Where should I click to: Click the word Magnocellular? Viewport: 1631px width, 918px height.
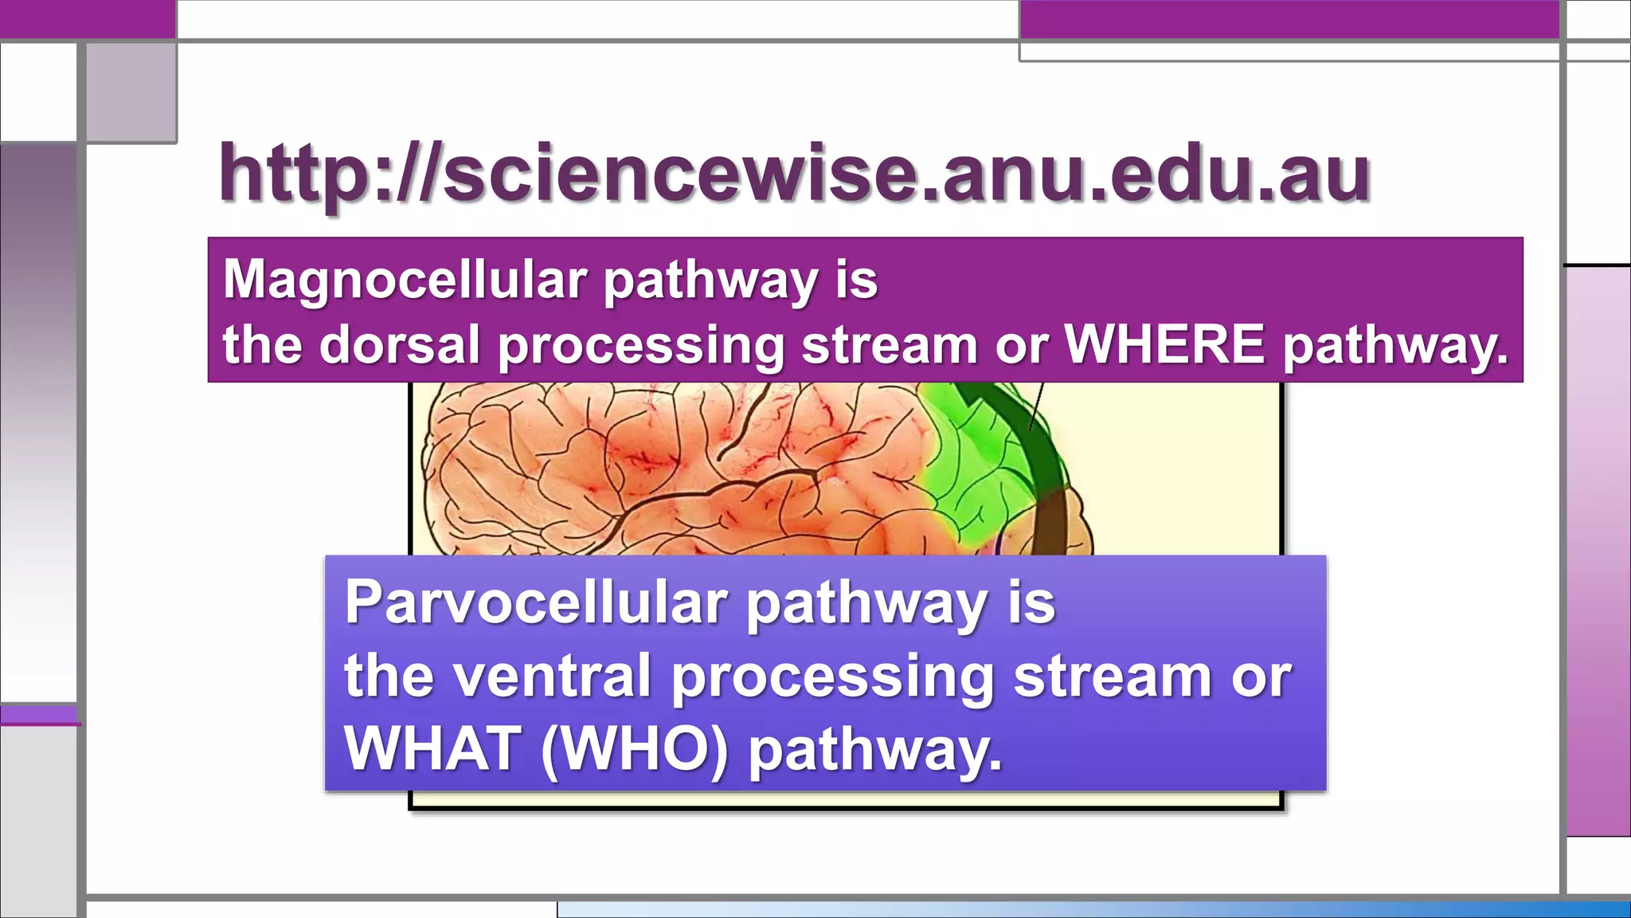[x=405, y=280]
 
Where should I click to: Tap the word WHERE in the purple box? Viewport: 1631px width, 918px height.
[x=1164, y=345]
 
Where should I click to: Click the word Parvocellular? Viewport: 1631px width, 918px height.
[x=535, y=603]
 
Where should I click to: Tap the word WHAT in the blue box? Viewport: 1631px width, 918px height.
[x=432, y=748]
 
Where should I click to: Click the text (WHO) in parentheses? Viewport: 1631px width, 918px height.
[x=634, y=749]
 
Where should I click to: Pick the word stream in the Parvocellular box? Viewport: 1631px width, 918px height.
[x=1112, y=676]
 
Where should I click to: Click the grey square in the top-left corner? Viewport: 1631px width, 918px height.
[x=131, y=92]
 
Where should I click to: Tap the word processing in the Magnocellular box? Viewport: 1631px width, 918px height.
[x=641, y=347]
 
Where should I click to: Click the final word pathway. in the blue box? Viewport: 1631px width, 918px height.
[x=874, y=750]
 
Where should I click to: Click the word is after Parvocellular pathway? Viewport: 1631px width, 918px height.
[x=1031, y=603]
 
